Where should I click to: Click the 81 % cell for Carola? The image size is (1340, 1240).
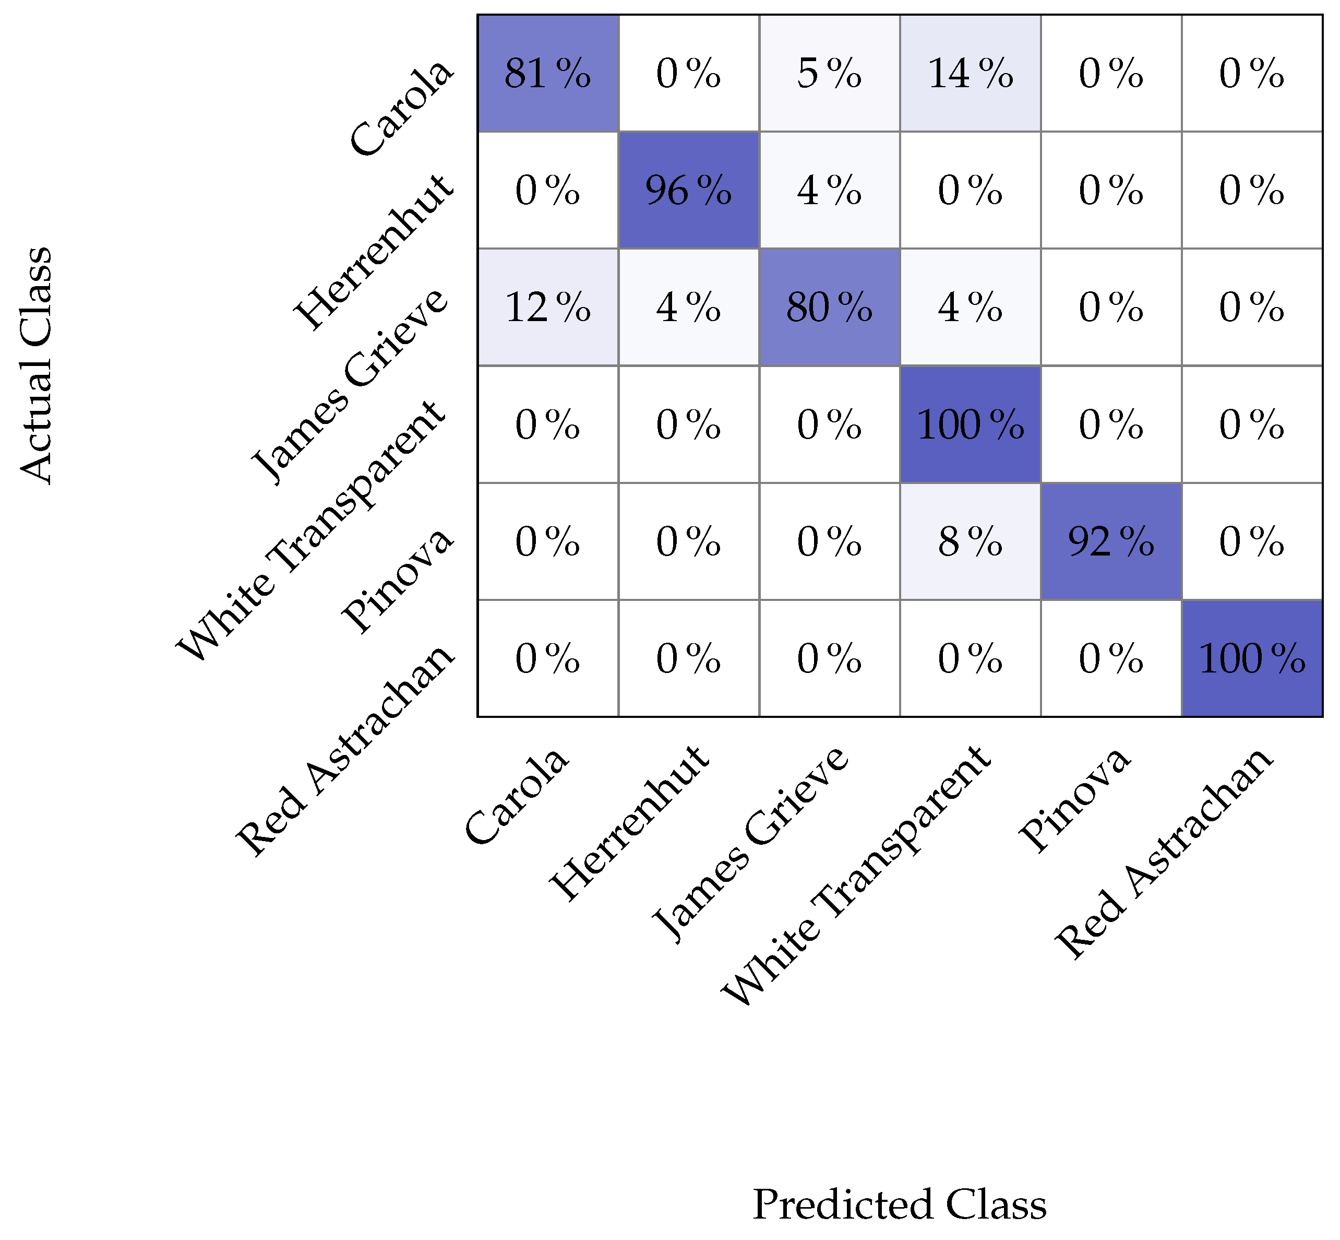pos(547,73)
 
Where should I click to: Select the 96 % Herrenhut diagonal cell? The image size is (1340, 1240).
pos(688,191)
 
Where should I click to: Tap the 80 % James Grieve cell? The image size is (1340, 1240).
pos(829,308)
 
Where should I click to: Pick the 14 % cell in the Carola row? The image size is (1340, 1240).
pos(970,73)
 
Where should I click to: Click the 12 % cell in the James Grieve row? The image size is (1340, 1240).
pos(547,308)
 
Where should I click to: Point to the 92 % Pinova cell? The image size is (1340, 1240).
pos(1110,541)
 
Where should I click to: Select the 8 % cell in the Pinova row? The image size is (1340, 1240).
pos(970,541)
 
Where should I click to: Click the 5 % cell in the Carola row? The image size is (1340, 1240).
pos(829,73)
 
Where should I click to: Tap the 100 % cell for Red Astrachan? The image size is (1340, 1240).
pos(1251,659)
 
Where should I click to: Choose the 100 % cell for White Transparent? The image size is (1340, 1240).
pos(970,425)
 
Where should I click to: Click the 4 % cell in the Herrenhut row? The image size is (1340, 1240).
pos(829,191)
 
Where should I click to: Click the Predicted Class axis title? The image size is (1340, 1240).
pos(900,1204)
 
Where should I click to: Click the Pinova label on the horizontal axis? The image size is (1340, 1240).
pos(1074,800)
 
